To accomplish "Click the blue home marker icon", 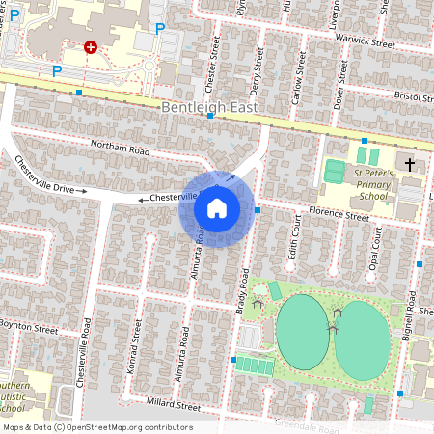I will tap(217, 208).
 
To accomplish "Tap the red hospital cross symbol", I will tap(91, 46).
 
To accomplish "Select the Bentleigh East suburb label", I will tap(210, 108).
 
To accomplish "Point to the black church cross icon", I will tap(409, 165).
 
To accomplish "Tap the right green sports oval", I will tap(365, 336).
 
